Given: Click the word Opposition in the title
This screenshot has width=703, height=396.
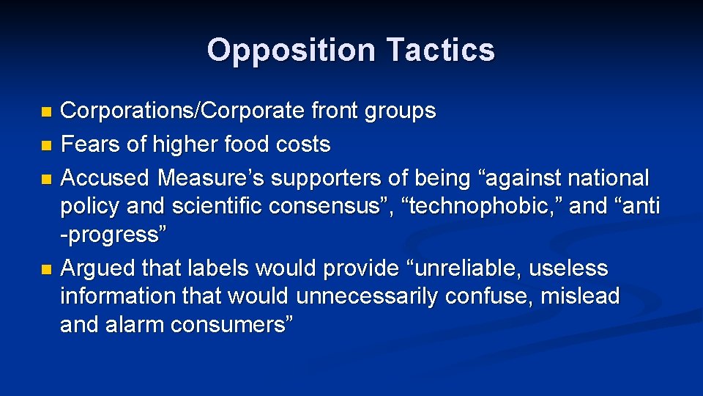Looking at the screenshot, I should (x=289, y=50).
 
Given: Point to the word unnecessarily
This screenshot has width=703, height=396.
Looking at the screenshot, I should (x=376, y=296).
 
